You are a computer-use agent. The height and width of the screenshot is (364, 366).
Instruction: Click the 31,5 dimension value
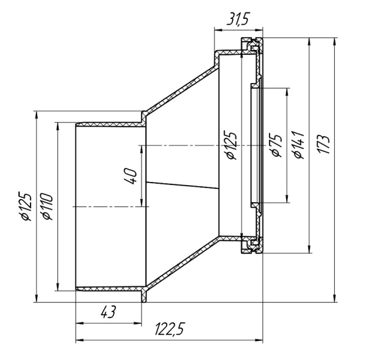238,21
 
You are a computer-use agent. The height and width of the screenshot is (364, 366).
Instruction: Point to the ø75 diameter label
276,144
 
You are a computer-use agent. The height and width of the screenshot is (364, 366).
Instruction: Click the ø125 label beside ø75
231,145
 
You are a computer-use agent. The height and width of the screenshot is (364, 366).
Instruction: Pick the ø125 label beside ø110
25,207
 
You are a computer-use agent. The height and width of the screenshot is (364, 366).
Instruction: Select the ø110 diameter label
47,207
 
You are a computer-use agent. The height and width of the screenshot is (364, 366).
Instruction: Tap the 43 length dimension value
107,311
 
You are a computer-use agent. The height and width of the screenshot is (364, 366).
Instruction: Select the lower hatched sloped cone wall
180,264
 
